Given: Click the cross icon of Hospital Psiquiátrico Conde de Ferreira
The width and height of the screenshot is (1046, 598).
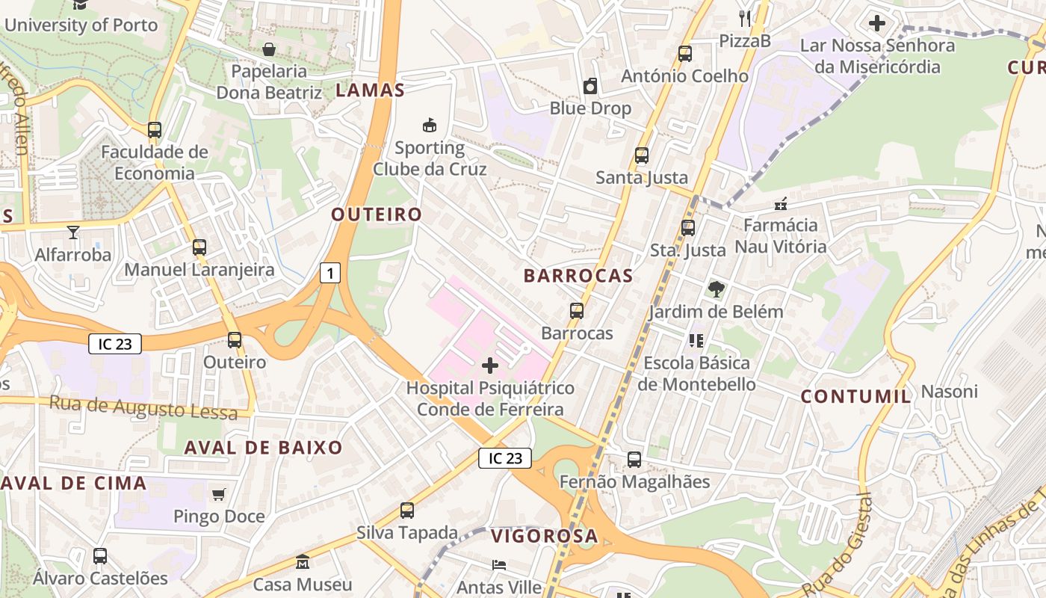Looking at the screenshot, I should [490, 366].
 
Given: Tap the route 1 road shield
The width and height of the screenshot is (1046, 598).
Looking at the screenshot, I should [329, 273].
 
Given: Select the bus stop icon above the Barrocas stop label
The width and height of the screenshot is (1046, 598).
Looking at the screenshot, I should [576, 310].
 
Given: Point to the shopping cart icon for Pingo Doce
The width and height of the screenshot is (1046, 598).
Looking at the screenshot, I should [218, 494].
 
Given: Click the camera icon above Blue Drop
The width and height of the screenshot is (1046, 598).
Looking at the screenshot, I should [590, 86].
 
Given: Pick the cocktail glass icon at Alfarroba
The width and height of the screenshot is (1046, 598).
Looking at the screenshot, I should [72, 232].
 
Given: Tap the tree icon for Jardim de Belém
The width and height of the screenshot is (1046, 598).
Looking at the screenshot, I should [716, 289].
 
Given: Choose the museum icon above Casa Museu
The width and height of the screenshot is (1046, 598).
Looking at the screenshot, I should [302, 561].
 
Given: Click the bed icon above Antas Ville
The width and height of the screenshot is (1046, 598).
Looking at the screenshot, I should [498, 565].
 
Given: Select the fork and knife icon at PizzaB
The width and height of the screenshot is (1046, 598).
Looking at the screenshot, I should [744, 18].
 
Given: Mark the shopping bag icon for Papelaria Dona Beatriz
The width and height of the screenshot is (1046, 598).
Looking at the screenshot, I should [268, 49].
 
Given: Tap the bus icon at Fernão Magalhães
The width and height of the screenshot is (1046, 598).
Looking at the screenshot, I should [634, 459].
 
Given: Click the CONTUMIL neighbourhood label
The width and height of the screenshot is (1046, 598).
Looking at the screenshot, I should [856, 396].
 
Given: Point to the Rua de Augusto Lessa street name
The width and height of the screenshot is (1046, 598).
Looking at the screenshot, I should [143, 407].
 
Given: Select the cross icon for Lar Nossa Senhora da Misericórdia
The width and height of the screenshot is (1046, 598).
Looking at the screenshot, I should [877, 23].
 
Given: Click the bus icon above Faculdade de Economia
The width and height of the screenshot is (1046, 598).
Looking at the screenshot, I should [155, 130].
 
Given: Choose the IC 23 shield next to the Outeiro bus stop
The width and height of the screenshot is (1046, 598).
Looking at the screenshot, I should [114, 344].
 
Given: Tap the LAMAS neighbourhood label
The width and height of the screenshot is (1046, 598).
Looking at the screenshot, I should [370, 90].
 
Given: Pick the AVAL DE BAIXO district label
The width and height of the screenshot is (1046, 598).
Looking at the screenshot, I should [263, 448].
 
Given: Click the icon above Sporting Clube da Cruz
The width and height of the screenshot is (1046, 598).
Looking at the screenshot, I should [429, 125].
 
